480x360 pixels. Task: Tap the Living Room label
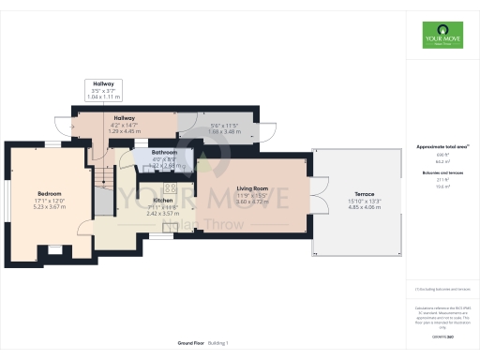point(252,189)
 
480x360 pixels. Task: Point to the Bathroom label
point(165,152)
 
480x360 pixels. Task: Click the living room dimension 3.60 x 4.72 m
point(252,202)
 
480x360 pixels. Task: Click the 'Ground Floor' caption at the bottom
point(191,344)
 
